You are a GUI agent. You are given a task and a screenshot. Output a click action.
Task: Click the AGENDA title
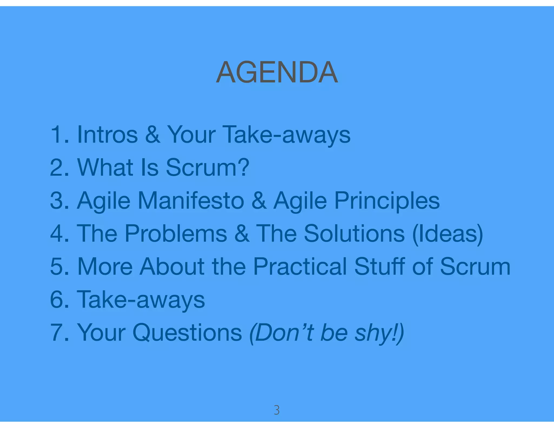click(x=277, y=72)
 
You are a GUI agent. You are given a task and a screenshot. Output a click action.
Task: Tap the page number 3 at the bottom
click(x=276, y=410)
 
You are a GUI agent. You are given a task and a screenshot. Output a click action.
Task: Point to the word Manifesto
click(x=191, y=200)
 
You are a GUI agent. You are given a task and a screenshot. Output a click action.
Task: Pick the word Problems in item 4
click(x=176, y=233)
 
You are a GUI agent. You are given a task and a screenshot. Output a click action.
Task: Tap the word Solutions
click(x=354, y=233)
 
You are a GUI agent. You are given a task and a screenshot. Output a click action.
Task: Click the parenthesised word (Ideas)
click(x=448, y=234)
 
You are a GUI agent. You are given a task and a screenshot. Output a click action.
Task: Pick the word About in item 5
click(x=172, y=266)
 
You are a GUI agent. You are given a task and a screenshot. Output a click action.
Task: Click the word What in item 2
click(x=105, y=167)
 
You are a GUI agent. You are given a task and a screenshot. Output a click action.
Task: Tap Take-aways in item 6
click(x=141, y=300)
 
